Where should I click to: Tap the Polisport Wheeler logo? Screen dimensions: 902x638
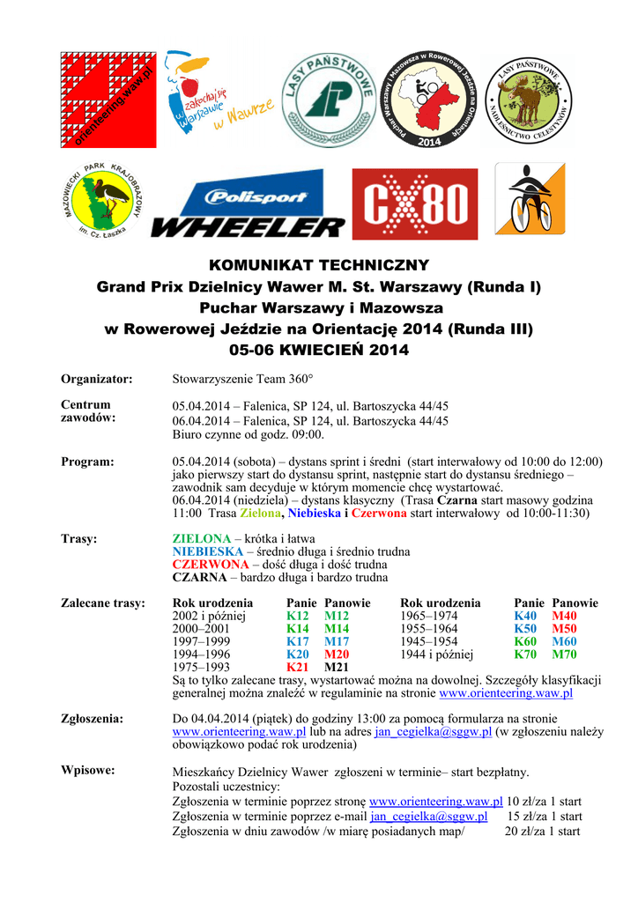point(249,209)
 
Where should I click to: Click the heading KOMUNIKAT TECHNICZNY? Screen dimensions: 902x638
point(319,265)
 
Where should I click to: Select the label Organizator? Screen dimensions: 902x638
point(97,379)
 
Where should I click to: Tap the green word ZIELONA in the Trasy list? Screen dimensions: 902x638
point(201,538)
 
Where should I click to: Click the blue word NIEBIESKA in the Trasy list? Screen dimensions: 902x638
point(207,551)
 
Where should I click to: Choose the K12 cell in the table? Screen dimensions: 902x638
point(298,617)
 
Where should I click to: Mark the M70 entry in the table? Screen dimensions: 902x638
point(564,654)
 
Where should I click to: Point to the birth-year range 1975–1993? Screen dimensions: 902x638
point(201,668)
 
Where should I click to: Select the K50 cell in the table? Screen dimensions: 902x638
point(525,629)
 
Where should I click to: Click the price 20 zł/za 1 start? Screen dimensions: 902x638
point(542,830)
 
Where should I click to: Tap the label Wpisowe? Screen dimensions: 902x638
point(87,771)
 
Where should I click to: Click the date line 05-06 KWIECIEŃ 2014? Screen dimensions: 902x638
point(319,350)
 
